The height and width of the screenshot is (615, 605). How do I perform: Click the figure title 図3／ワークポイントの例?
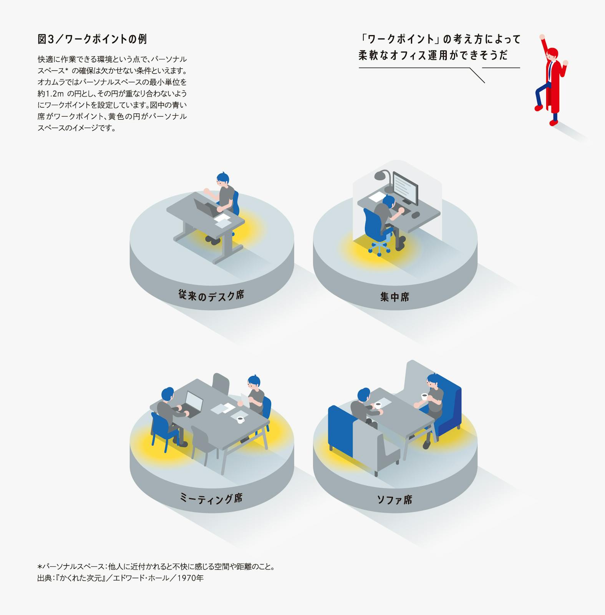(92, 39)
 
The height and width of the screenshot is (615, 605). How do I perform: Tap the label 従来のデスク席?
(211, 295)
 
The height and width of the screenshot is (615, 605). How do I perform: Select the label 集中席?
(394, 297)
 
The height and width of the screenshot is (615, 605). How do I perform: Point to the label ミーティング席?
(211, 499)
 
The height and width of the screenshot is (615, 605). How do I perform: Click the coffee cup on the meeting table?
(240, 420)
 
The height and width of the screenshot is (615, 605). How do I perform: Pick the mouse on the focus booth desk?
(415, 215)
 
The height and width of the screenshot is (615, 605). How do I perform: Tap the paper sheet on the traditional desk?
(222, 220)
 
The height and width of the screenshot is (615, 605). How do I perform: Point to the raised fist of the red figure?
(542, 37)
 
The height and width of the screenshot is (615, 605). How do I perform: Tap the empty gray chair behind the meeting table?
(221, 384)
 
